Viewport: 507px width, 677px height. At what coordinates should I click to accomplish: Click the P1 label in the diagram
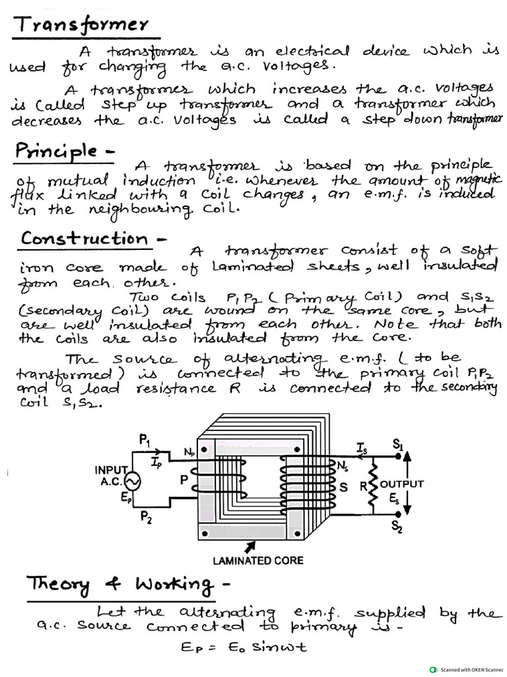click(x=145, y=440)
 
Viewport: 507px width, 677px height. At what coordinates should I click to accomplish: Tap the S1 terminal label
click(x=397, y=446)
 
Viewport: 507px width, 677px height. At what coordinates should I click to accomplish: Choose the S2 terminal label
click(x=397, y=526)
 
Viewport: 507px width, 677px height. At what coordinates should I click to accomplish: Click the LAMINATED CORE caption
click(x=257, y=561)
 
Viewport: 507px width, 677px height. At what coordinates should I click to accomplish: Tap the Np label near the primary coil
click(x=189, y=452)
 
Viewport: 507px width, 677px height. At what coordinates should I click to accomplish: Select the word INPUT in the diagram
click(x=110, y=470)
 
